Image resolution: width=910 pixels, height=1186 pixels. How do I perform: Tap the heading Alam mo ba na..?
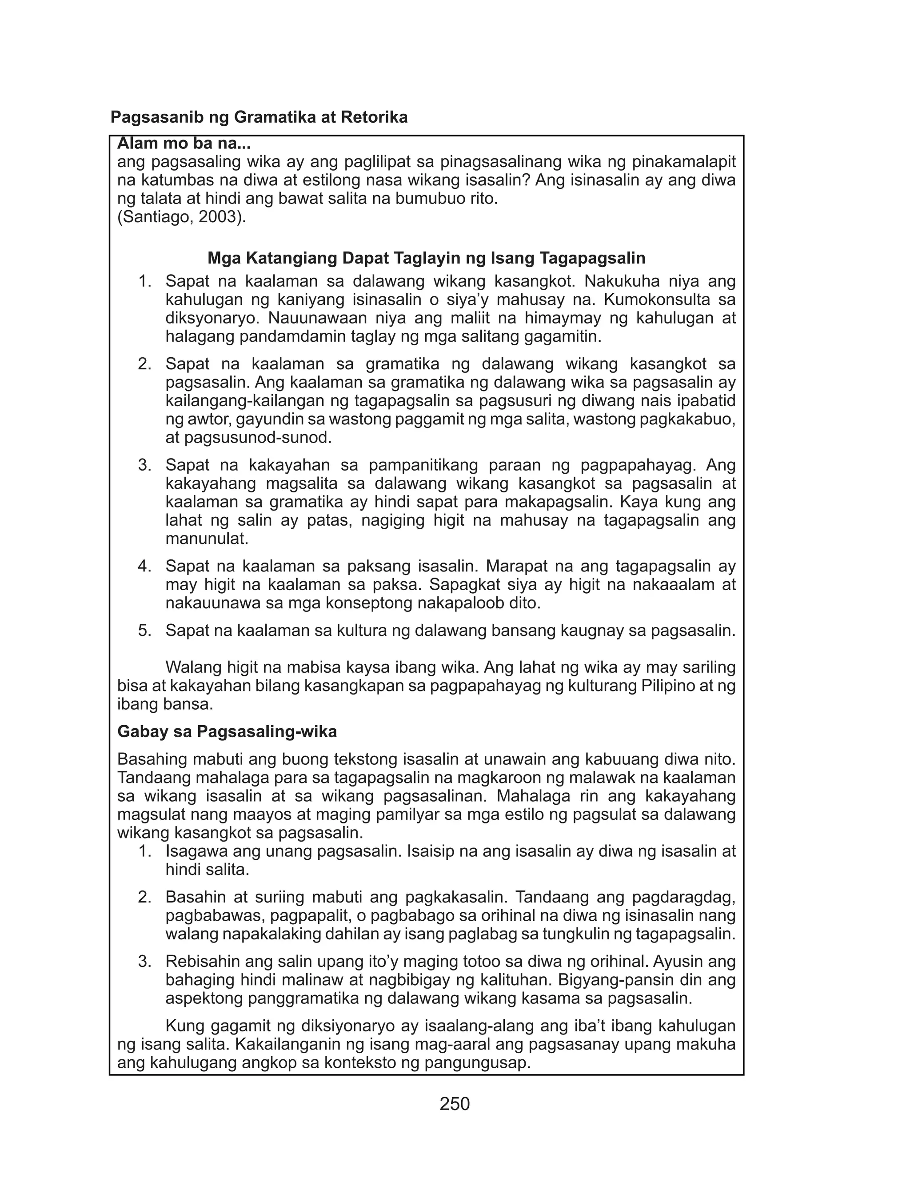pos(184,144)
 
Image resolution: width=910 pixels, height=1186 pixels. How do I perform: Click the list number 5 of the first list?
pos(144,631)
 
